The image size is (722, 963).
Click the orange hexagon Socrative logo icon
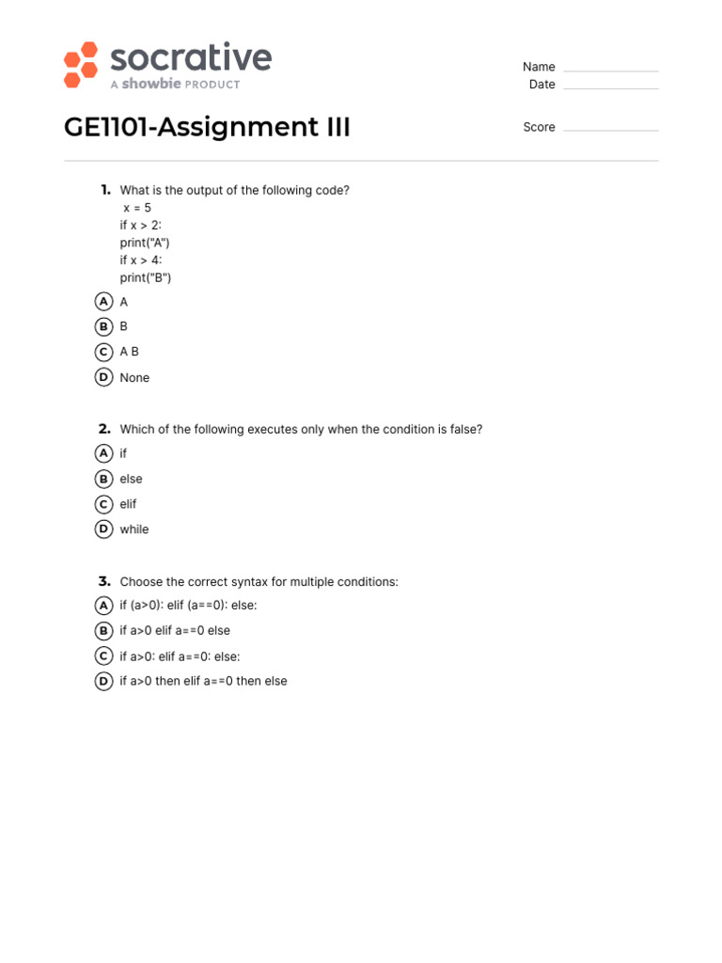(81, 65)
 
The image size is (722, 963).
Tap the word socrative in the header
(191, 58)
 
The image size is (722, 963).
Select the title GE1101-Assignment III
(207, 127)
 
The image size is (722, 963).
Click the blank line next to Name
(610, 70)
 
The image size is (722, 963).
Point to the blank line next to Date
(610, 87)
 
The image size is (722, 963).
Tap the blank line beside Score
(610, 129)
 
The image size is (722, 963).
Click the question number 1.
(105, 190)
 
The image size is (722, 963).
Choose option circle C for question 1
(104, 352)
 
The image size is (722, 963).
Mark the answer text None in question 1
(134, 378)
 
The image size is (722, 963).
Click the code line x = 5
(136, 208)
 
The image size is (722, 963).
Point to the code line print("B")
(146, 277)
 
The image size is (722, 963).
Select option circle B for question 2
(104, 479)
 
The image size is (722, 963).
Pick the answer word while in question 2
(134, 529)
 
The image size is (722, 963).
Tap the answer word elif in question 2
(128, 504)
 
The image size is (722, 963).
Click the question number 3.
(104, 581)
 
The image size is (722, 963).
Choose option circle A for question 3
(104, 606)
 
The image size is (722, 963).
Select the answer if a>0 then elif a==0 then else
(203, 681)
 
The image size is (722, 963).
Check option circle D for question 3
(104, 681)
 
